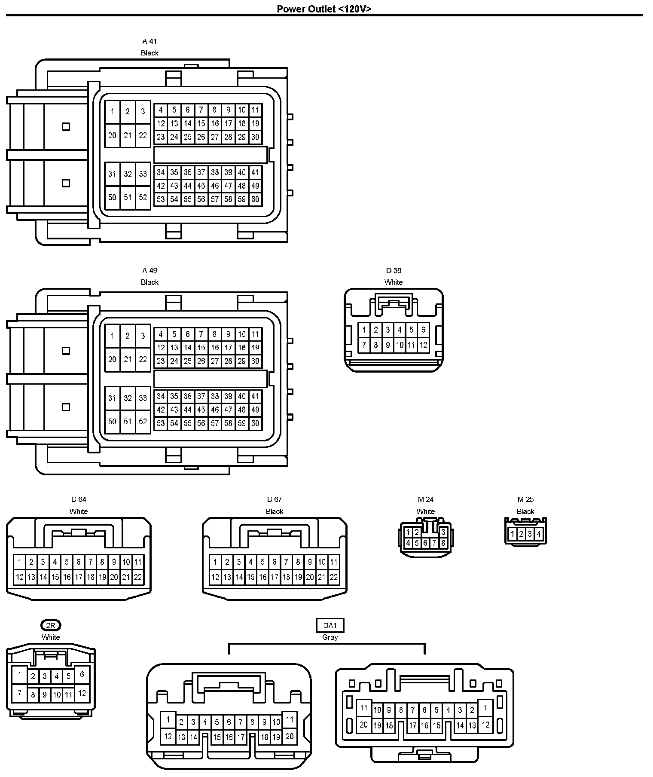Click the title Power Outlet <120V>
click(324, 9)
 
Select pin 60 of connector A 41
click(255, 199)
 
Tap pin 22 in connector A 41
click(143, 135)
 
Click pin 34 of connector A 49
click(160, 396)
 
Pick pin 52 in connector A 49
click(143, 422)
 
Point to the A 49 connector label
click(150, 270)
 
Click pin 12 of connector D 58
click(423, 345)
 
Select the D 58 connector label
click(394, 270)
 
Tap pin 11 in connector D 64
click(137, 562)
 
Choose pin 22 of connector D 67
click(333, 577)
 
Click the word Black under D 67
click(275, 511)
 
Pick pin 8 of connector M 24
click(443, 543)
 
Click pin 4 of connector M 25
click(539, 534)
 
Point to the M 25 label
click(525, 499)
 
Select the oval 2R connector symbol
click(51, 625)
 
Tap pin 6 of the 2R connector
click(82, 674)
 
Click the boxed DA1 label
click(330, 625)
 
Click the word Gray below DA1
click(330, 637)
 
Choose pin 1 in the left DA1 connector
click(168, 719)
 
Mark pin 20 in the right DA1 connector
click(363, 725)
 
